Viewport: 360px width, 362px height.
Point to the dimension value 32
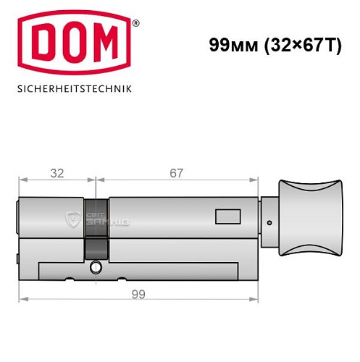(56, 173)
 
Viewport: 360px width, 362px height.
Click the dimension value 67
(176, 173)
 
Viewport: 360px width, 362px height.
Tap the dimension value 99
(138, 295)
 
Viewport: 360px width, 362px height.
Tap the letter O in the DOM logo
(76, 47)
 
